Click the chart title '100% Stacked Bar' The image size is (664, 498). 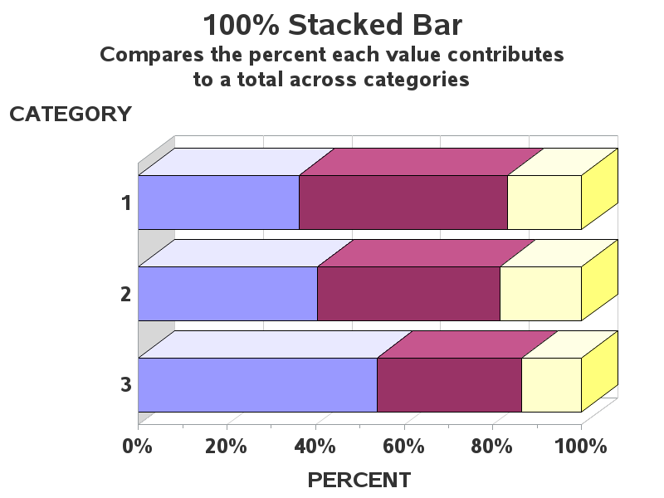pyautogui.click(x=333, y=25)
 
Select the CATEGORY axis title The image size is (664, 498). pyautogui.click(x=71, y=115)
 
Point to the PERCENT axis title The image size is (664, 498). pyautogui.click(x=359, y=481)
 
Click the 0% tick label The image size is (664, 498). pyautogui.click(x=137, y=447)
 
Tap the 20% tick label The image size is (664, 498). pyautogui.click(x=226, y=447)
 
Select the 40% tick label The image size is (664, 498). pyautogui.click(x=315, y=447)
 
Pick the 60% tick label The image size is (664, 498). pyautogui.click(x=403, y=447)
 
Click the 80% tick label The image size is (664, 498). pyautogui.click(x=491, y=447)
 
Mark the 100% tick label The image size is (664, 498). pyautogui.click(x=580, y=447)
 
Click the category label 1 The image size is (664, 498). pyautogui.click(x=127, y=203)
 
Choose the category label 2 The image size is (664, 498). pyautogui.click(x=126, y=294)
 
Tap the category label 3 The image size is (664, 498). pyautogui.click(x=126, y=384)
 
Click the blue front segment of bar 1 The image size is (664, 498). pyautogui.click(x=218, y=203)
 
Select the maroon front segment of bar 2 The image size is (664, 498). pyautogui.click(x=408, y=294)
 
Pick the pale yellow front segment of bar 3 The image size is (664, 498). pyautogui.click(x=551, y=385)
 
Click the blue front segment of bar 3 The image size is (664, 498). pyautogui.click(x=257, y=385)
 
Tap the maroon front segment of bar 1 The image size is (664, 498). pyautogui.click(x=403, y=203)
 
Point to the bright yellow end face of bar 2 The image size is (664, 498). pyautogui.click(x=599, y=280)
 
